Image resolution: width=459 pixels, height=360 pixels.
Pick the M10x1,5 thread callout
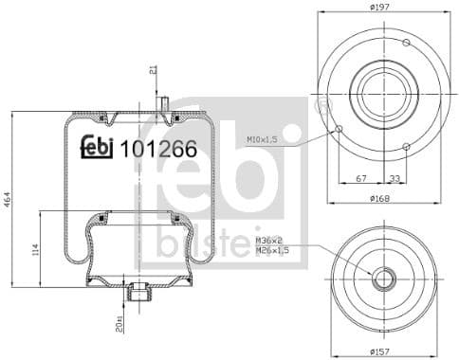[263, 140]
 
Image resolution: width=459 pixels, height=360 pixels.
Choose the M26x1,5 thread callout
[273, 252]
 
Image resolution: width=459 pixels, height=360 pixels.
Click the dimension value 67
[361, 176]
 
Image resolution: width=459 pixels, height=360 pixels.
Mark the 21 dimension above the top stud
[152, 70]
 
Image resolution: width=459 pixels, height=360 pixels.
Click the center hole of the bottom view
[384, 279]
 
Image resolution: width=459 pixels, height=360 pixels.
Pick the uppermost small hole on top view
[406, 43]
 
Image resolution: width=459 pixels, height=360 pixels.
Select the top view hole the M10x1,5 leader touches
[339, 129]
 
